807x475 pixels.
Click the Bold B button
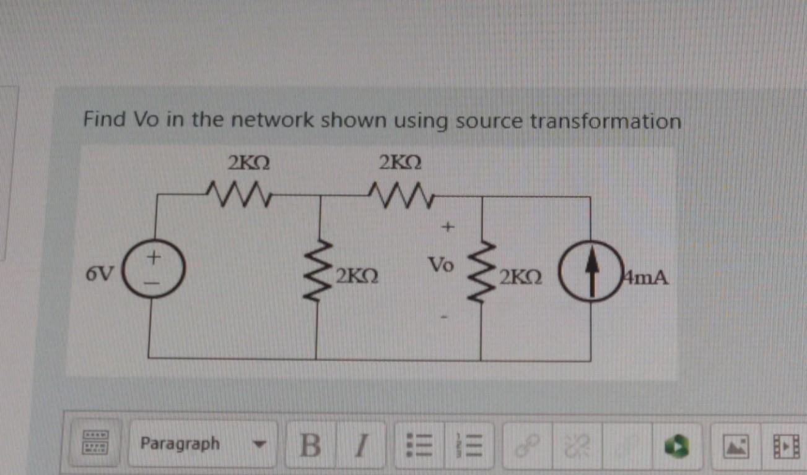coord(310,445)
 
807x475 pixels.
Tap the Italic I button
coord(363,445)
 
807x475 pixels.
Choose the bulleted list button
coord(414,445)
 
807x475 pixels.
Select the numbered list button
coord(465,445)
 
